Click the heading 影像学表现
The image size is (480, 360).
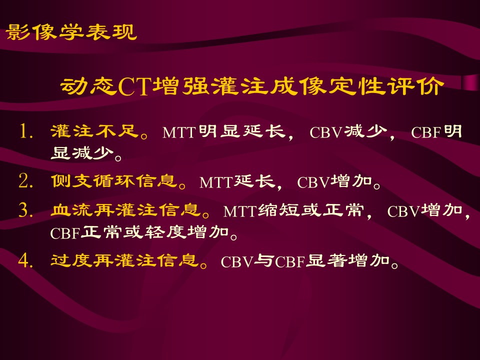tap(71, 32)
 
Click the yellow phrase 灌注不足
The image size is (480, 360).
tap(94, 131)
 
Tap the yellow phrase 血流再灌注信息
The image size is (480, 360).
tap(125, 210)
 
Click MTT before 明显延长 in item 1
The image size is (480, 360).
tap(179, 132)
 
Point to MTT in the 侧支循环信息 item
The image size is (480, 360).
tap(216, 182)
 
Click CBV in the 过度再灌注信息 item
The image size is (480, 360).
tap(237, 262)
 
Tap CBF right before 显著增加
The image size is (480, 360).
tap(290, 262)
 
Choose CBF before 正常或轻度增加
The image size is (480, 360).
tap(65, 233)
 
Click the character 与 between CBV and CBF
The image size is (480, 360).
tap(264, 261)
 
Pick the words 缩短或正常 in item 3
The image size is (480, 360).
tap(310, 210)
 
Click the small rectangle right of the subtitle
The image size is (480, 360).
tap(470, 82)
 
